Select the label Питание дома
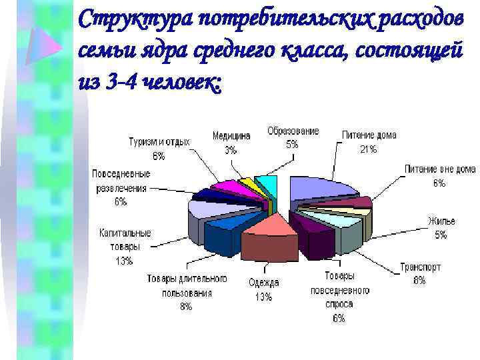coord(369,135)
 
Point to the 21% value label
coord(369,149)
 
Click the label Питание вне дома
coord(439,169)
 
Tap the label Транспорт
coord(420,267)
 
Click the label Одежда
coord(264,283)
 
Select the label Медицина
coord(231,135)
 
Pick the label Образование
coord(293,131)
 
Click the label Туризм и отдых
coord(159,142)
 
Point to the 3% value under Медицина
coord(231,150)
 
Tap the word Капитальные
coord(125,233)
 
